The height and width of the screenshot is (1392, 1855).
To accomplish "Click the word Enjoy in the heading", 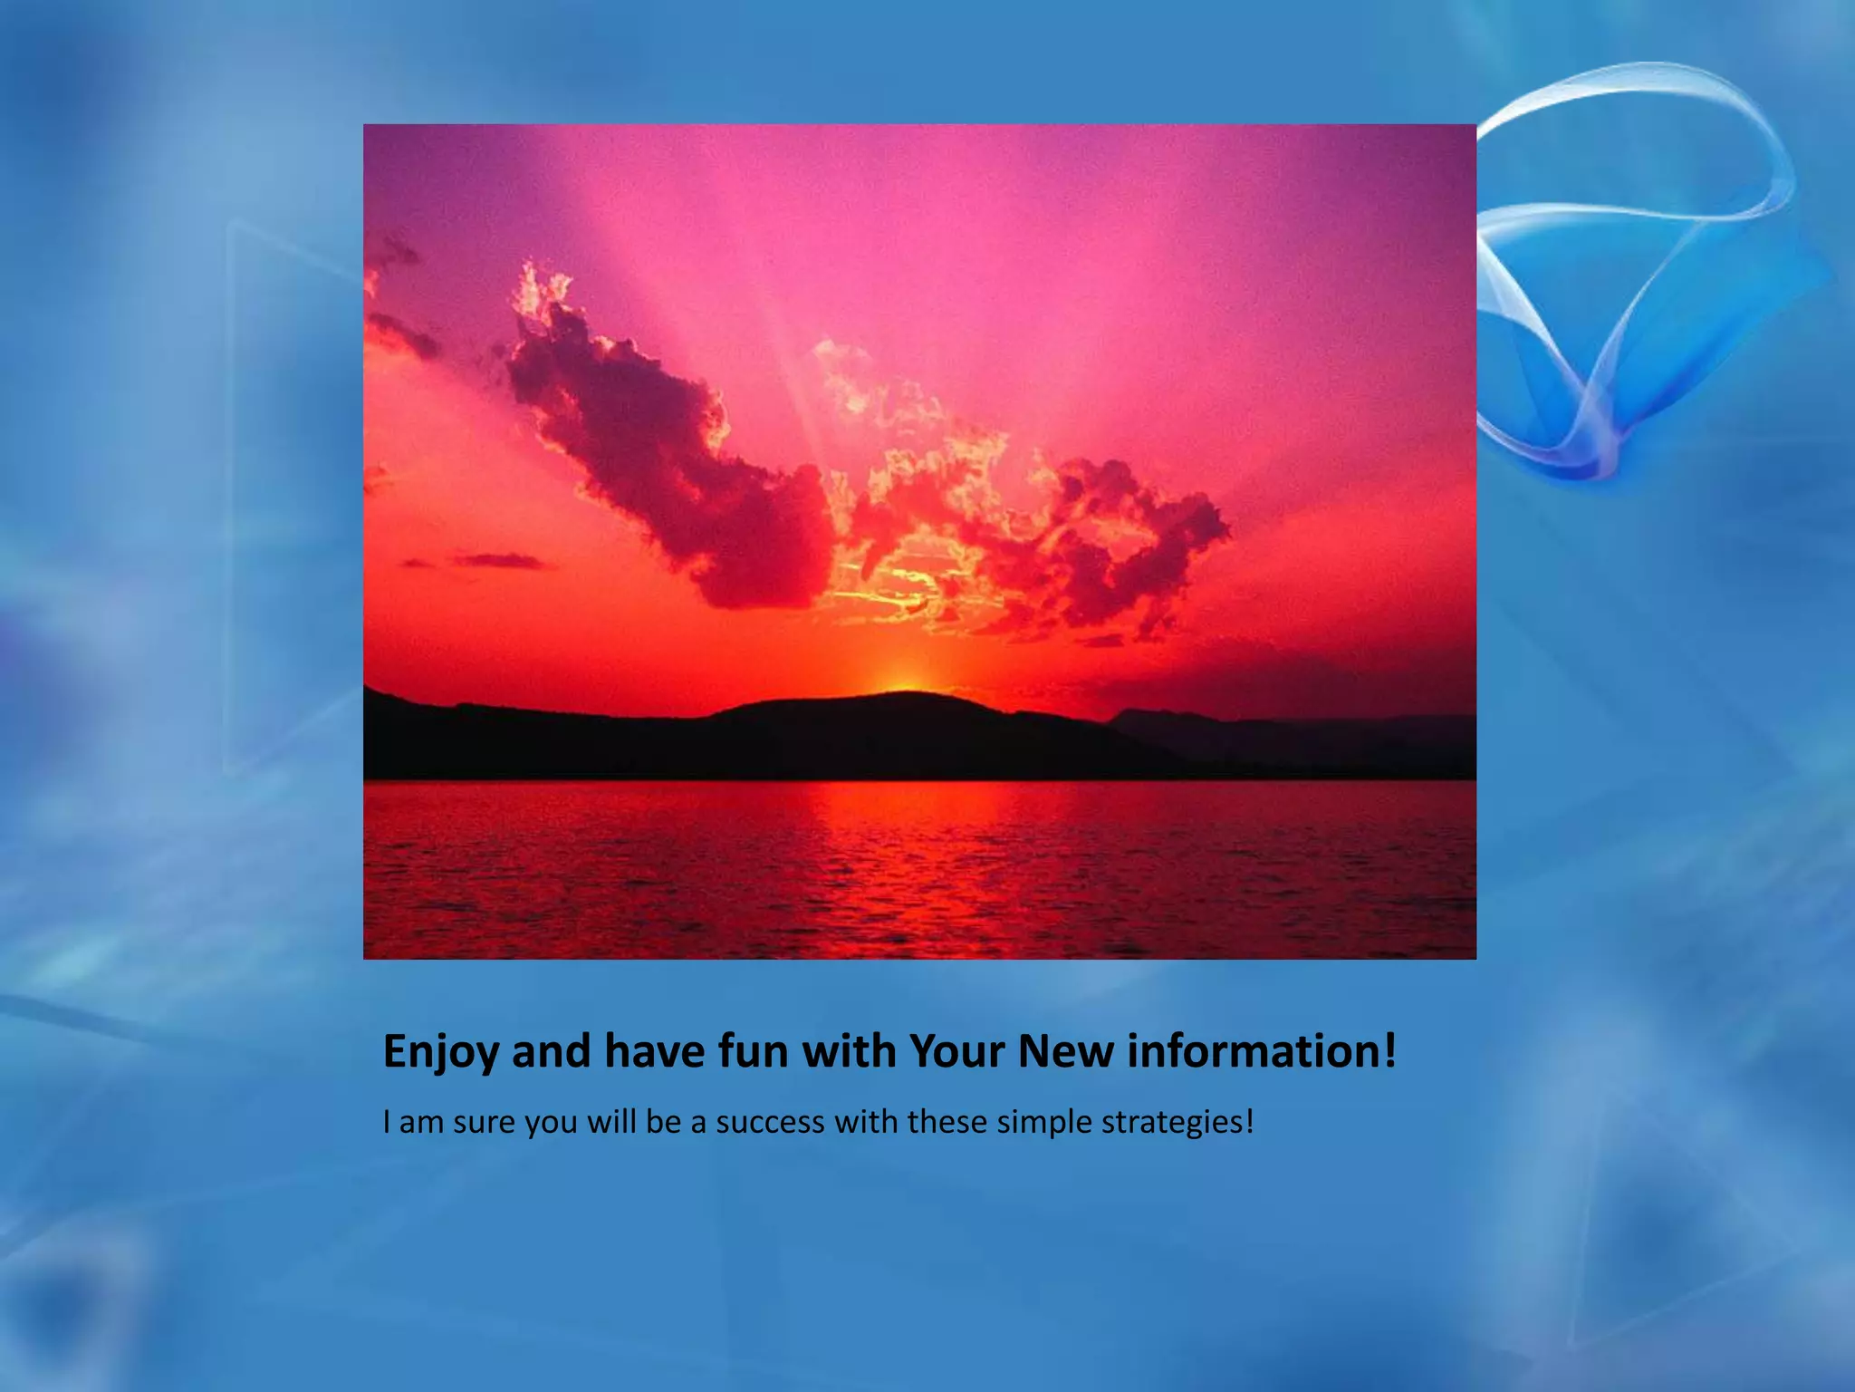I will click(x=440, y=1053).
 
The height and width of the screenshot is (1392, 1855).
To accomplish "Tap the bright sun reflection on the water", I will click(x=906, y=816).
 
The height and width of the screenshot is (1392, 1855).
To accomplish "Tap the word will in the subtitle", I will click(x=611, y=1123).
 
